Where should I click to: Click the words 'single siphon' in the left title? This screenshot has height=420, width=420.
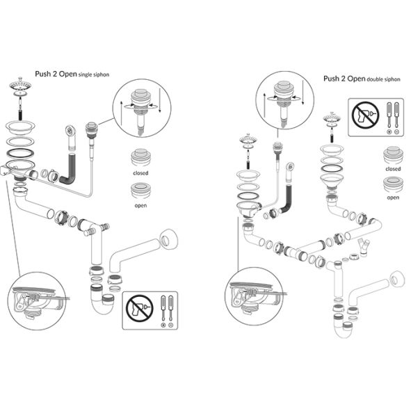click(93, 74)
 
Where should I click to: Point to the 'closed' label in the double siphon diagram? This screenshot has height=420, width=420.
click(393, 169)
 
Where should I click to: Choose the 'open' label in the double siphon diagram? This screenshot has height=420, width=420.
click(393, 197)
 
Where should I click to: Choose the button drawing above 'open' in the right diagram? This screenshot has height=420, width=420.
click(393, 185)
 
